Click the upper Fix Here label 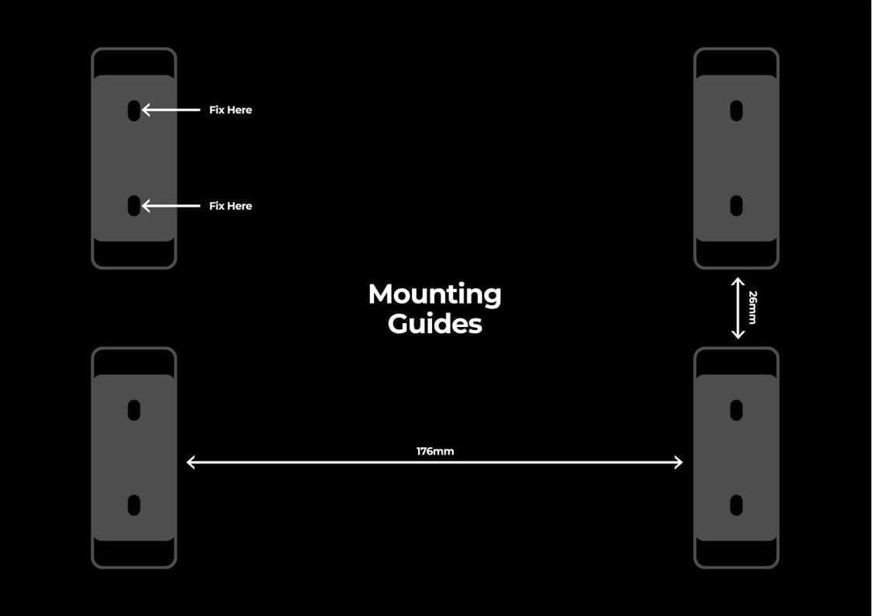[x=230, y=110]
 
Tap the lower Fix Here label [x=230, y=206]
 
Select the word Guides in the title [x=435, y=324]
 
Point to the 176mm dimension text [x=435, y=450]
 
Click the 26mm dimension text [x=753, y=308]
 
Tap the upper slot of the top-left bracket [x=134, y=111]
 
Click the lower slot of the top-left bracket [x=134, y=206]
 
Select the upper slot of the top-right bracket [x=736, y=111]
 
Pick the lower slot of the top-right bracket [x=736, y=206]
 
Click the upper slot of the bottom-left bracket [x=134, y=410]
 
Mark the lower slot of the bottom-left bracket [x=134, y=505]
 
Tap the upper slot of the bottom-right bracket [x=736, y=410]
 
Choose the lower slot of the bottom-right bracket [x=736, y=505]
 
